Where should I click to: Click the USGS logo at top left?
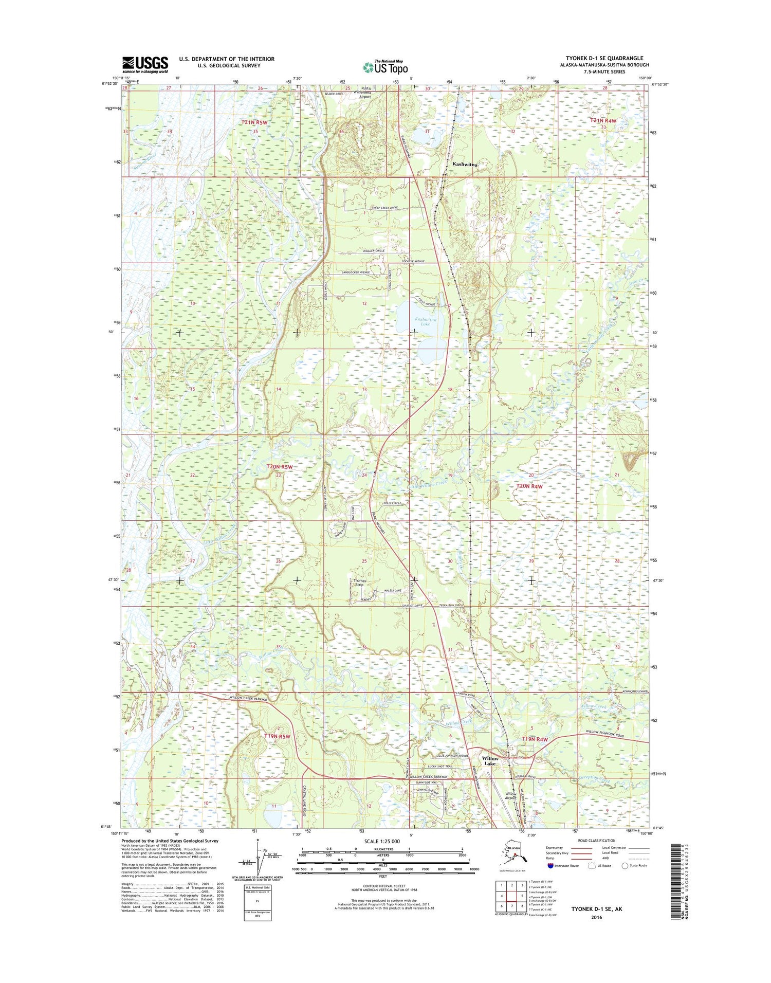(144, 65)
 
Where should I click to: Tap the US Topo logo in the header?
(385, 67)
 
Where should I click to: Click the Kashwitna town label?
(465, 165)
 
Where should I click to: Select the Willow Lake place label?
(489, 761)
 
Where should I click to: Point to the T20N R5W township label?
(279, 467)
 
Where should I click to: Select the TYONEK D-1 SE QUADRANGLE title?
(604, 58)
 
